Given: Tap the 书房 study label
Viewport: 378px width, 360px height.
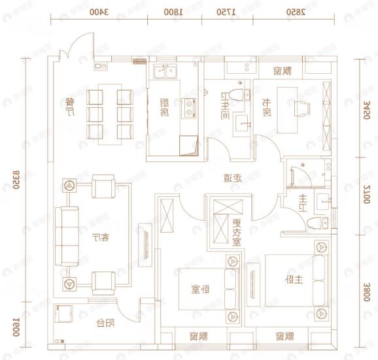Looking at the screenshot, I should (x=267, y=106).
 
